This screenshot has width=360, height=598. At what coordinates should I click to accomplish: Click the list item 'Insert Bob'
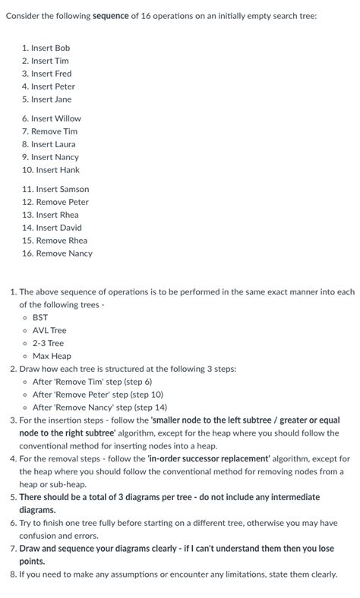click(x=52, y=48)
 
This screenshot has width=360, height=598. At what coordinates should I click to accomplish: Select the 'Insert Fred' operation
click(x=52, y=74)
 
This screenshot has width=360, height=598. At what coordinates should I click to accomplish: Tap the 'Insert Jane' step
click(x=52, y=99)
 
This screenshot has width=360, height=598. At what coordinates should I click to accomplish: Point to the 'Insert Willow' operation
click(x=56, y=118)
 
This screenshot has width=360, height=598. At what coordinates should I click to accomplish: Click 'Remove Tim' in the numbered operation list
click(x=54, y=131)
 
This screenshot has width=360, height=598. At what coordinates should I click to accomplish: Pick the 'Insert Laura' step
click(x=54, y=144)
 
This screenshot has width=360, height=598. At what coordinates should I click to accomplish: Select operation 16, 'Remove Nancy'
click(x=64, y=253)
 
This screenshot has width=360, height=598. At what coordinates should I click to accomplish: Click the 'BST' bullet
click(x=40, y=317)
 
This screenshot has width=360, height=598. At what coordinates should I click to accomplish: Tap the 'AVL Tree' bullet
click(x=49, y=330)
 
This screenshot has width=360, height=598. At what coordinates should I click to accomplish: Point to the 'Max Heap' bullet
click(x=52, y=356)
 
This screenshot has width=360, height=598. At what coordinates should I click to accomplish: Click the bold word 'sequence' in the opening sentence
click(x=115, y=16)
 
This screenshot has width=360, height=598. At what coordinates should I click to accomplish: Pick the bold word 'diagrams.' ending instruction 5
click(x=37, y=510)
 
